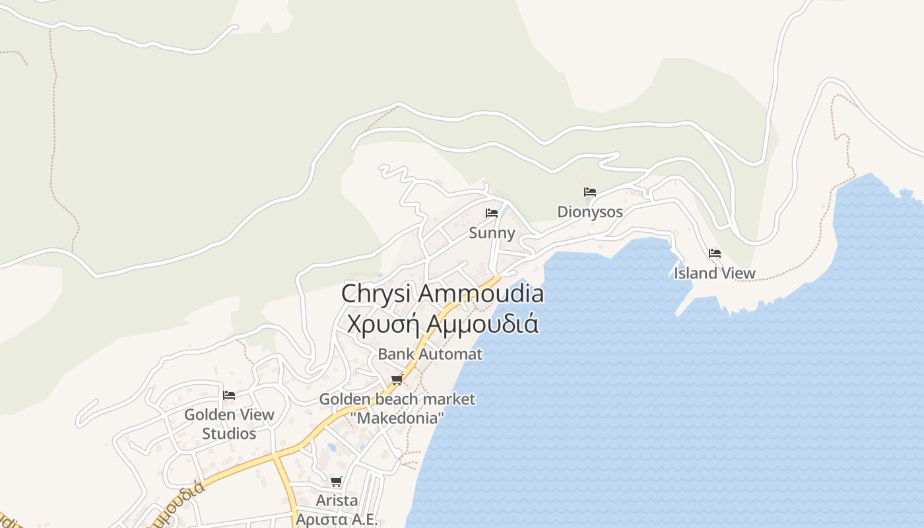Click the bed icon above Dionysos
(590, 192)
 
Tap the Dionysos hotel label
(590, 212)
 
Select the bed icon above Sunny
(492, 213)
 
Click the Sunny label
(492, 233)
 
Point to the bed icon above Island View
(714, 253)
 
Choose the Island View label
(714, 273)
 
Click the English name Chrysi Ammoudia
(442, 294)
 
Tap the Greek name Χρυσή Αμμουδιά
(442, 324)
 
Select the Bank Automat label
(430, 354)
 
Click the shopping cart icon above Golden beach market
(397, 379)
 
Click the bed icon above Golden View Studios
(229, 395)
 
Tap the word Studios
(229, 434)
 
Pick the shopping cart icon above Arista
(337, 481)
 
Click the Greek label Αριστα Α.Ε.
(337, 519)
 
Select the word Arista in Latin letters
(337, 500)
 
